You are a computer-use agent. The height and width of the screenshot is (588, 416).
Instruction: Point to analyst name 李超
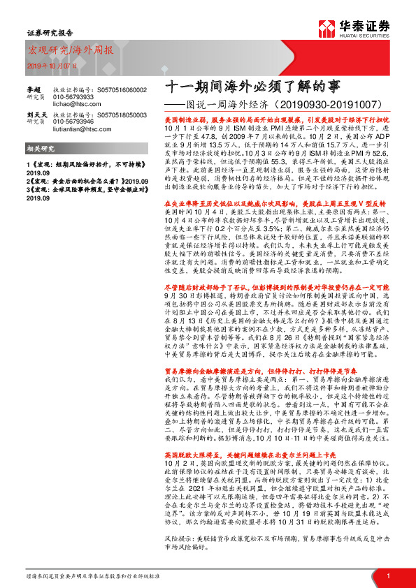[x=34, y=89]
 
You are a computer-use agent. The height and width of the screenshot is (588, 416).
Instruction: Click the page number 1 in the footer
[x=387, y=575]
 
